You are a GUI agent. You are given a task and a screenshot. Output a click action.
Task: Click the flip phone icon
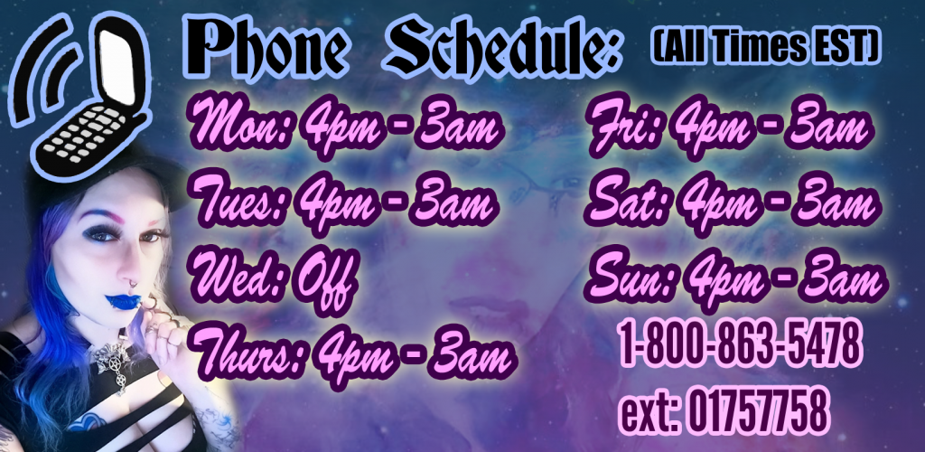pos(82,94)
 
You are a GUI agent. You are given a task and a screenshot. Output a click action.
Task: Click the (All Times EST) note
pos(766,47)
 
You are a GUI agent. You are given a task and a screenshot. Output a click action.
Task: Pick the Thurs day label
pos(248,352)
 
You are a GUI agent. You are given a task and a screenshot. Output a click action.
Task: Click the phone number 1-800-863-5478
pos(739,345)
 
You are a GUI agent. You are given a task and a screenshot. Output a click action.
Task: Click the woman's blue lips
pos(123,300)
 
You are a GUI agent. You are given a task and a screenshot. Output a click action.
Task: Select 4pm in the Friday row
pos(715,127)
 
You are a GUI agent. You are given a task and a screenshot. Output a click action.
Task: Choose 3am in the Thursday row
pos(472,352)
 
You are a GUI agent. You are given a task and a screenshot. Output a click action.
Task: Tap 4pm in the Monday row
pos(340,127)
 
